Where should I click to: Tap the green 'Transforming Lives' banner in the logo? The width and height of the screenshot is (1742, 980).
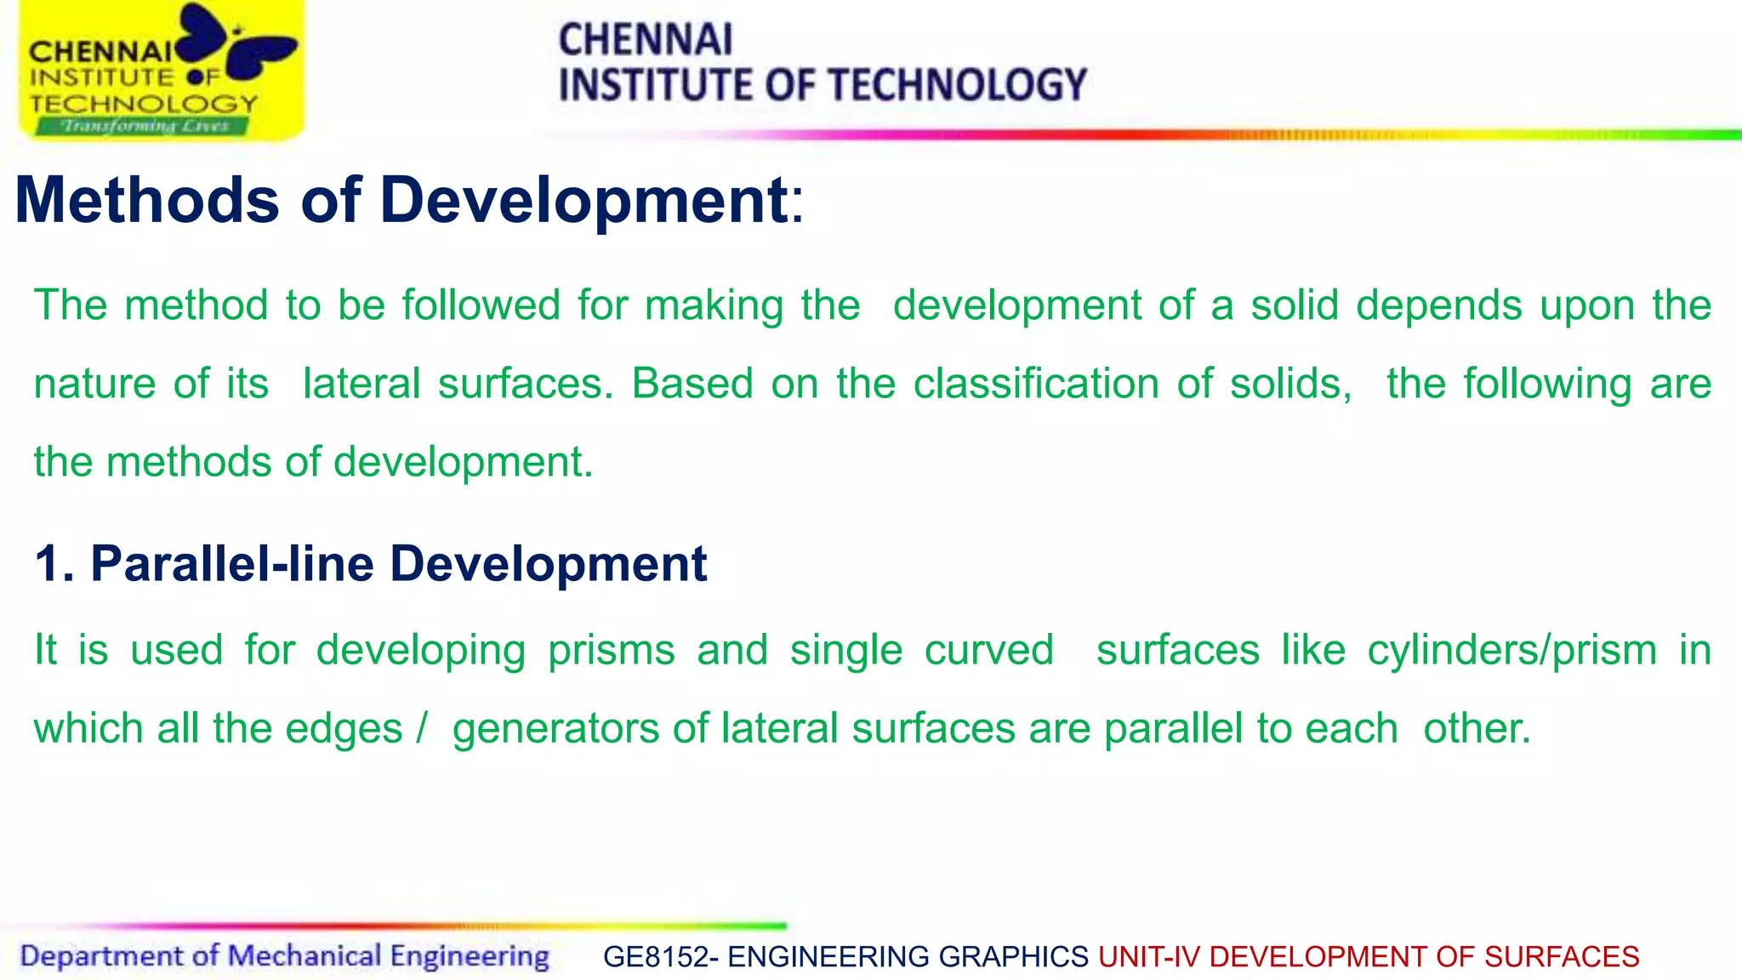coord(143,126)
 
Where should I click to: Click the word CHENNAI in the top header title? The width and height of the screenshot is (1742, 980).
coord(646,40)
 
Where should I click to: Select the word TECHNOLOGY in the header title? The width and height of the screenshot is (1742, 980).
coord(957,85)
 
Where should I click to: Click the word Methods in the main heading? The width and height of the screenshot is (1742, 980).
coord(147,201)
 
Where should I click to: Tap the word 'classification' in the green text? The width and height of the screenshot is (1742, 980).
coord(1036,384)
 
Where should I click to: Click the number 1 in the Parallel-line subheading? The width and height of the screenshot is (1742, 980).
coord(48,564)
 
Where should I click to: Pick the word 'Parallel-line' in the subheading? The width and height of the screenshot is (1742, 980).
coord(232,564)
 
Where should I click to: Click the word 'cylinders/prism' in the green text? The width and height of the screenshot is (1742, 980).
coord(1511,651)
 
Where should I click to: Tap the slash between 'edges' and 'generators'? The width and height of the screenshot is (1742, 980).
coord(421,728)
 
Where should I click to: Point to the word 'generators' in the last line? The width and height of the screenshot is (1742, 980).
coord(555,730)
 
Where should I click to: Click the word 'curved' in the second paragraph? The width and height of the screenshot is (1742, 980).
coord(988,651)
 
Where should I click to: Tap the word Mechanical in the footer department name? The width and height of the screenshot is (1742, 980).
coord(305,956)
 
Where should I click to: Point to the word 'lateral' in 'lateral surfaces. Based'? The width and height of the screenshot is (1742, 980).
coord(361,384)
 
